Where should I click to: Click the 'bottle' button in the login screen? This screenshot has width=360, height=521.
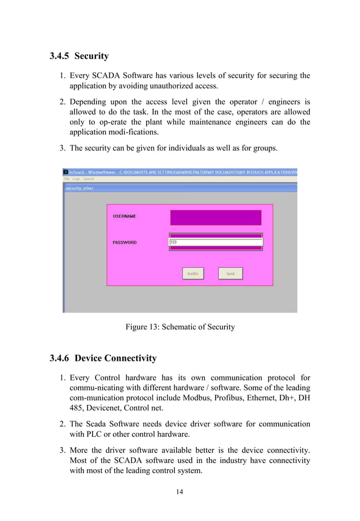193,273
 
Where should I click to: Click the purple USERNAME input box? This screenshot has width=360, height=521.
216,217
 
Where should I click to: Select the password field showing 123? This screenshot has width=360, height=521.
216,242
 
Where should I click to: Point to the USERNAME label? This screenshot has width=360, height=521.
124,217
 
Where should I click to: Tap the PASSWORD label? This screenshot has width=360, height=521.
124,242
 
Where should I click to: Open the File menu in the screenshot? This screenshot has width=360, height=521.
66,179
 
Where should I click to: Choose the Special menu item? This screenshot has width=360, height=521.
89,179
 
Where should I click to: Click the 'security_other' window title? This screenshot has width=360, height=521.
80,188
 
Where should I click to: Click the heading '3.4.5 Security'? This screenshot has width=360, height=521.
79,56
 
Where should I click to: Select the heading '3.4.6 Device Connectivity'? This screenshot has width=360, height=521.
103,358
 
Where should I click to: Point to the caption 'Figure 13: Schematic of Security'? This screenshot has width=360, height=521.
179,327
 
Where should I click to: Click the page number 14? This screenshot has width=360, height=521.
179,492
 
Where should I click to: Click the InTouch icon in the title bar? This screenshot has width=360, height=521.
65,171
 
